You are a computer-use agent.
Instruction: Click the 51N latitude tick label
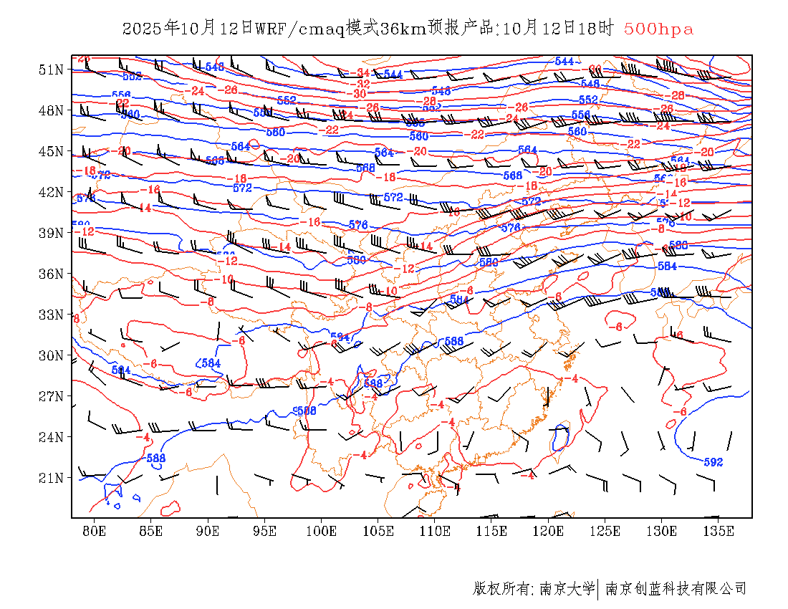tap(50, 69)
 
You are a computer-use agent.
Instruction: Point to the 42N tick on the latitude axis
tap(50, 192)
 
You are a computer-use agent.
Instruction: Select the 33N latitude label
tap(50, 315)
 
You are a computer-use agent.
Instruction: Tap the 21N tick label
tap(50, 478)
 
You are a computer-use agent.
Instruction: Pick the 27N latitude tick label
tap(50, 396)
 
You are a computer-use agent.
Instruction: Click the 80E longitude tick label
tap(95, 531)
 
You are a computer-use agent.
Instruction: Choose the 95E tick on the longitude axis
tap(265, 531)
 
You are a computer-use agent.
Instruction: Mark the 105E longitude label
tap(378, 531)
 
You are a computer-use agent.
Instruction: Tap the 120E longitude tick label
tap(549, 531)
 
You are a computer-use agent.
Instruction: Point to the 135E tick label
tap(719, 531)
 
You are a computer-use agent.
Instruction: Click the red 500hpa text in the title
tap(658, 29)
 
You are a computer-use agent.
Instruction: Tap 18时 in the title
tap(596, 29)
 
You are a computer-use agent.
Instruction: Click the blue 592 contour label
tap(713, 462)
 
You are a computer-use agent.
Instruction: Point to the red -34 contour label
tap(362, 72)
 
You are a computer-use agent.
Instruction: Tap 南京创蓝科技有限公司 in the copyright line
tap(676, 589)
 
